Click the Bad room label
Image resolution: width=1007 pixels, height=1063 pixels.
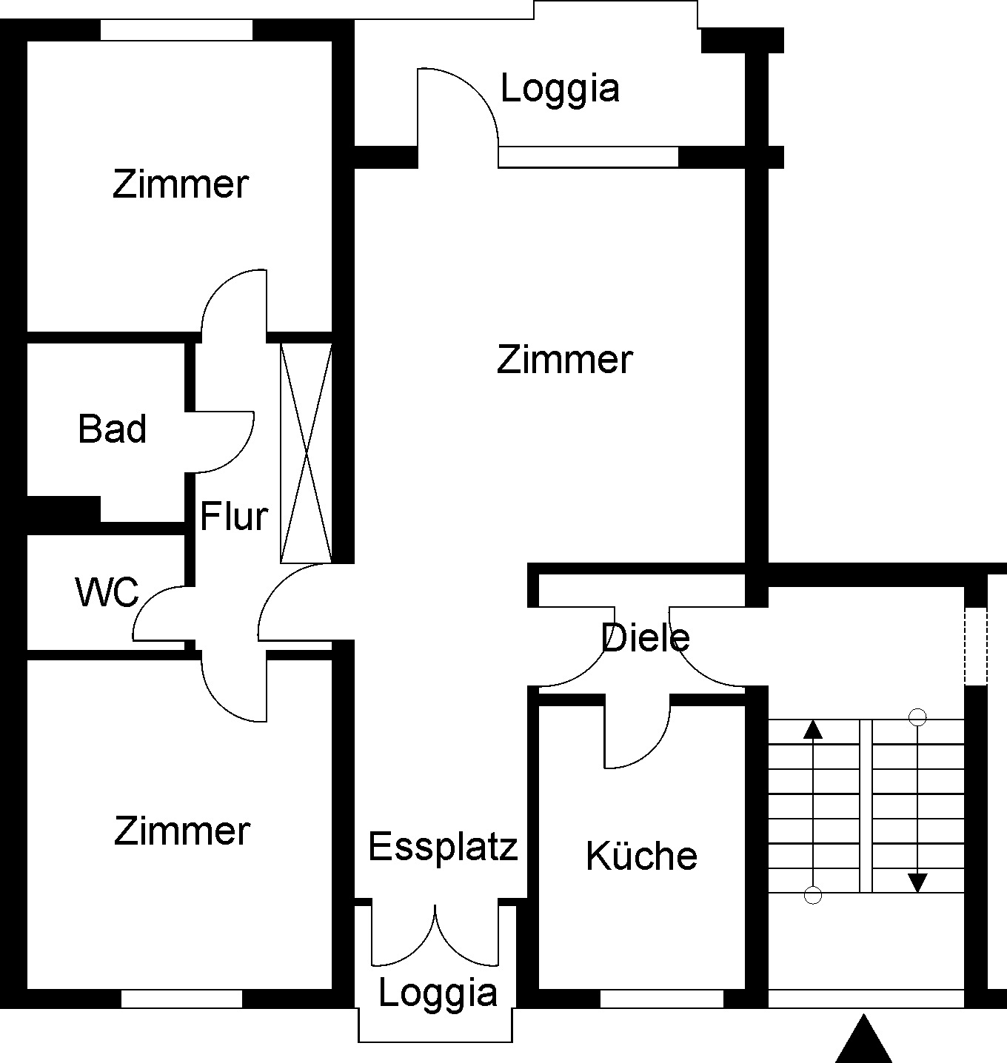pyautogui.click(x=113, y=429)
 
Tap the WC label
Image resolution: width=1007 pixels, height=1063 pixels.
pyautogui.click(x=107, y=592)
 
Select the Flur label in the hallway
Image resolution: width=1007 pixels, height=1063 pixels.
pyautogui.click(x=234, y=516)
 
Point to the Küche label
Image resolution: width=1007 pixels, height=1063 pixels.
pyautogui.click(x=641, y=856)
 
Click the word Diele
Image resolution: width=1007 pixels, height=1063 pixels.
pyautogui.click(x=646, y=637)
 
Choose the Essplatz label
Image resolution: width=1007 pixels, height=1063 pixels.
pyautogui.click(x=443, y=846)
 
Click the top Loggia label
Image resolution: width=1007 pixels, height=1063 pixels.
pyautogui.click(x=560, y=88)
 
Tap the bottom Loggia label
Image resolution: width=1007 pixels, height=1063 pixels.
pyautogui.click(x=438, y=993)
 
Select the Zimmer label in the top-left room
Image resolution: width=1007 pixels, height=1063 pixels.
pyautogui.click(x=181, y=184)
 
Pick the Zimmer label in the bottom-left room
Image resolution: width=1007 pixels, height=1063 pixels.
pyautogui.click(x=182, y=831)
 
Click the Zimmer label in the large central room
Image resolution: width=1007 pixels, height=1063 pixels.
pyautogui.click(x=564, y=360)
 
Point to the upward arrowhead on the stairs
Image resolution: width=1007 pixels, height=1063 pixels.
pyautogui.click(x=813, y=730)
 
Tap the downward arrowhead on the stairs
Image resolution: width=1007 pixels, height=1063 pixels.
pyautogui.click(x=918, y=882)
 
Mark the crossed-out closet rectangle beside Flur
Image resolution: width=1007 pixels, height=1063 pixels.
pyautogui.click(x=306, y=452)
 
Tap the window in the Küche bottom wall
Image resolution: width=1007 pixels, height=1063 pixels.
pyautogui.click(x=661, y=999)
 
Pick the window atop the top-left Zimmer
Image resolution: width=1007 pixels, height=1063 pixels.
pyautogui.click(x=176, y=30)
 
